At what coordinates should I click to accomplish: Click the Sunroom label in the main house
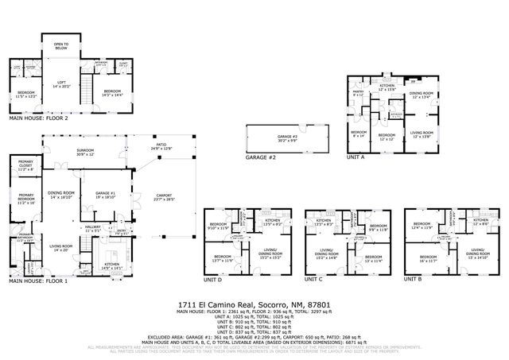point(85,153)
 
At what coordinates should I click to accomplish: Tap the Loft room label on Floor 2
point(61,82)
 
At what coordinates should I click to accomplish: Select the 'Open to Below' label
point(61,45)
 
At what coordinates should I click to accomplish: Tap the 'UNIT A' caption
point(356,157)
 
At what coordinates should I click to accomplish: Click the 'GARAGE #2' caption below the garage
point(260,157)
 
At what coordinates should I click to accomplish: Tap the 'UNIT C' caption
point(316,280)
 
